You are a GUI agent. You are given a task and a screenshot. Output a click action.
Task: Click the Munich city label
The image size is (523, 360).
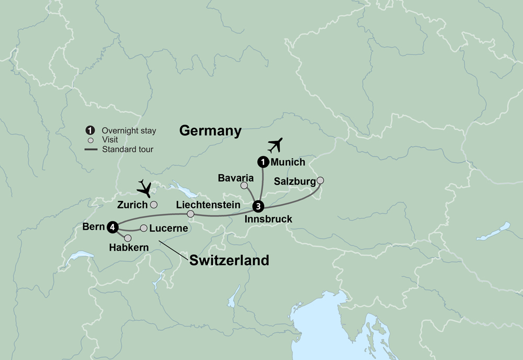(x=288, y=162)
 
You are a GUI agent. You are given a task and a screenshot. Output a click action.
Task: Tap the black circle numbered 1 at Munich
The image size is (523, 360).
(x=261, y=162)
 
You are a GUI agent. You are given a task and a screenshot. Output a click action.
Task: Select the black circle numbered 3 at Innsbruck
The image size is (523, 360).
(x=258, y=206)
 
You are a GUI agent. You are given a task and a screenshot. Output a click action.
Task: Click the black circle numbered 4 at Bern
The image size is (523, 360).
(x=112, y=227)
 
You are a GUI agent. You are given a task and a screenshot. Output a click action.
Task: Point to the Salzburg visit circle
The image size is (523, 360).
(x=320, y=181)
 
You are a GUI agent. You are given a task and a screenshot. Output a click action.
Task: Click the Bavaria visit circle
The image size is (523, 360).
(x=244, y=185)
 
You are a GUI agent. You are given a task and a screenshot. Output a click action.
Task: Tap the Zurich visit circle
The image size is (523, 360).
(x=154, y=205)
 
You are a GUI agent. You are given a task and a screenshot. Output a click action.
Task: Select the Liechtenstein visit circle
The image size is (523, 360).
(x=190, y=214)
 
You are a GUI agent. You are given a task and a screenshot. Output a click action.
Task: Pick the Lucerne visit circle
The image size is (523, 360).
(x=144, y=228)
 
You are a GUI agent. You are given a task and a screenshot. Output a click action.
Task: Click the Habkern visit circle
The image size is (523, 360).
(x=128, y=238)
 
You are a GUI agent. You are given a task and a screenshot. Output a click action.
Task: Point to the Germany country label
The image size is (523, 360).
(x=210, y=131)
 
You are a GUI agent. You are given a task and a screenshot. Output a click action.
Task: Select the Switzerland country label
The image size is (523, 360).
(x=229, y=260)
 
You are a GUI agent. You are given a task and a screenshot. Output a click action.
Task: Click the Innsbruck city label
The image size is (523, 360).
(x=268, y=219)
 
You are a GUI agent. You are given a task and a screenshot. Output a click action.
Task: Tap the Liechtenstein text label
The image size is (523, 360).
(x=208, y=204)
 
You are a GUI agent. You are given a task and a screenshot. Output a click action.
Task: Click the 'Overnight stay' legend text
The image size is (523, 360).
(x=129, y=130)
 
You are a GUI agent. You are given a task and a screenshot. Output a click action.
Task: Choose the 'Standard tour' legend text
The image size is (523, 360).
(x=128, y=150)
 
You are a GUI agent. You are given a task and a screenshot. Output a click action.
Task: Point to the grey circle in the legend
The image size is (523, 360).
(x=90, y=140)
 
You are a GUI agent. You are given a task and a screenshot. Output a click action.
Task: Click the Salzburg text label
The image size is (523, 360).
(x=294, y=182)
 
